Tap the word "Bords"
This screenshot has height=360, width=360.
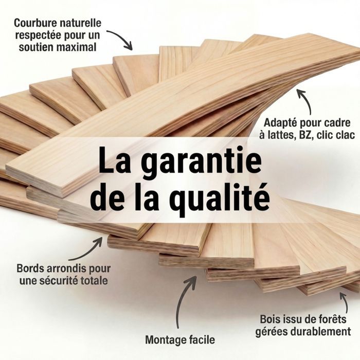[30, 268]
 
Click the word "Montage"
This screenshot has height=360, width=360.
[164, 340]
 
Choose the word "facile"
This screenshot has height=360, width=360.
[200, 339]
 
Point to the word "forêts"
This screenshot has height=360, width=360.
[331, 319]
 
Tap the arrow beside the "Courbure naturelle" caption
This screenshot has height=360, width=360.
[122, 38]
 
